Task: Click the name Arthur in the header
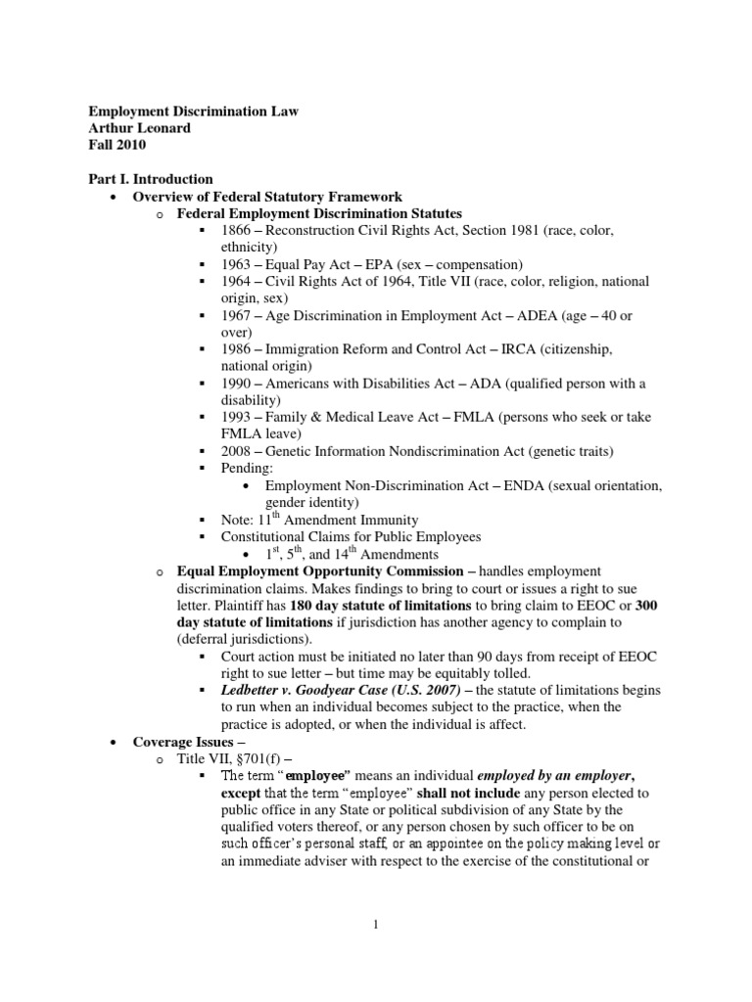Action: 114,128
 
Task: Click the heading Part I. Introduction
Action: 151,179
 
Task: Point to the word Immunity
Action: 386,520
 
